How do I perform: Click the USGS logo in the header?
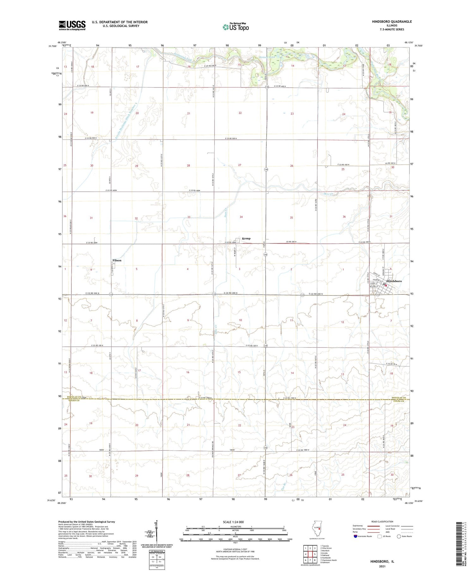(x=72, y=25)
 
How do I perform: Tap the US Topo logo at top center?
(x=235, y=27)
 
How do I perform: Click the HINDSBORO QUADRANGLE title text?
(x=387, y=21)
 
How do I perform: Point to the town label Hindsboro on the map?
(x=394, y=281)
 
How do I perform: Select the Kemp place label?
(x=246, y=238)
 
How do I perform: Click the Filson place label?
(x=117, y=260)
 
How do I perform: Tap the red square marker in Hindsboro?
(x=386, y=285)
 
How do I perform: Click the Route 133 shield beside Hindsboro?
(x=378, y=294)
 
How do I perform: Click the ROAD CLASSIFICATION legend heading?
(x=382, y=521)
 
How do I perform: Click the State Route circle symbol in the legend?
(x=399, y=536)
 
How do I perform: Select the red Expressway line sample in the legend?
(x=373, y=526)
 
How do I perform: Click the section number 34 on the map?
(x=241, y=217)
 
